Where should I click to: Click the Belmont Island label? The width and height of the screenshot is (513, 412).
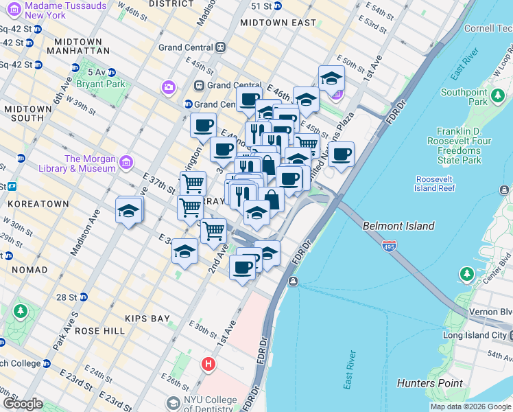pos(398,226)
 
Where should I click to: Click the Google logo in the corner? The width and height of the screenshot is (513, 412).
pos(23,404)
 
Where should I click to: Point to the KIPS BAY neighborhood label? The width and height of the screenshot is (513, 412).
pos(147,319)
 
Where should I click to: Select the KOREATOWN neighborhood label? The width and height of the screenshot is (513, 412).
pos(38,204)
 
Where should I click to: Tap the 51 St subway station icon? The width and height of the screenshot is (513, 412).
pos(276,6)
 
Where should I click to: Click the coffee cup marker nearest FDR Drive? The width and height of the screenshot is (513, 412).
pos(341,154)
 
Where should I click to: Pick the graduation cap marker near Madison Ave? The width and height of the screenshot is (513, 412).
pos(129,209)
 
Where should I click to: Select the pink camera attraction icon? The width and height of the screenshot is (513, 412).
pos(168,87)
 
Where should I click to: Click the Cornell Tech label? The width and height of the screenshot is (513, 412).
pos(488,28)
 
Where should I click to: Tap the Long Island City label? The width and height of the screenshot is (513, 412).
pos(473,335)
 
